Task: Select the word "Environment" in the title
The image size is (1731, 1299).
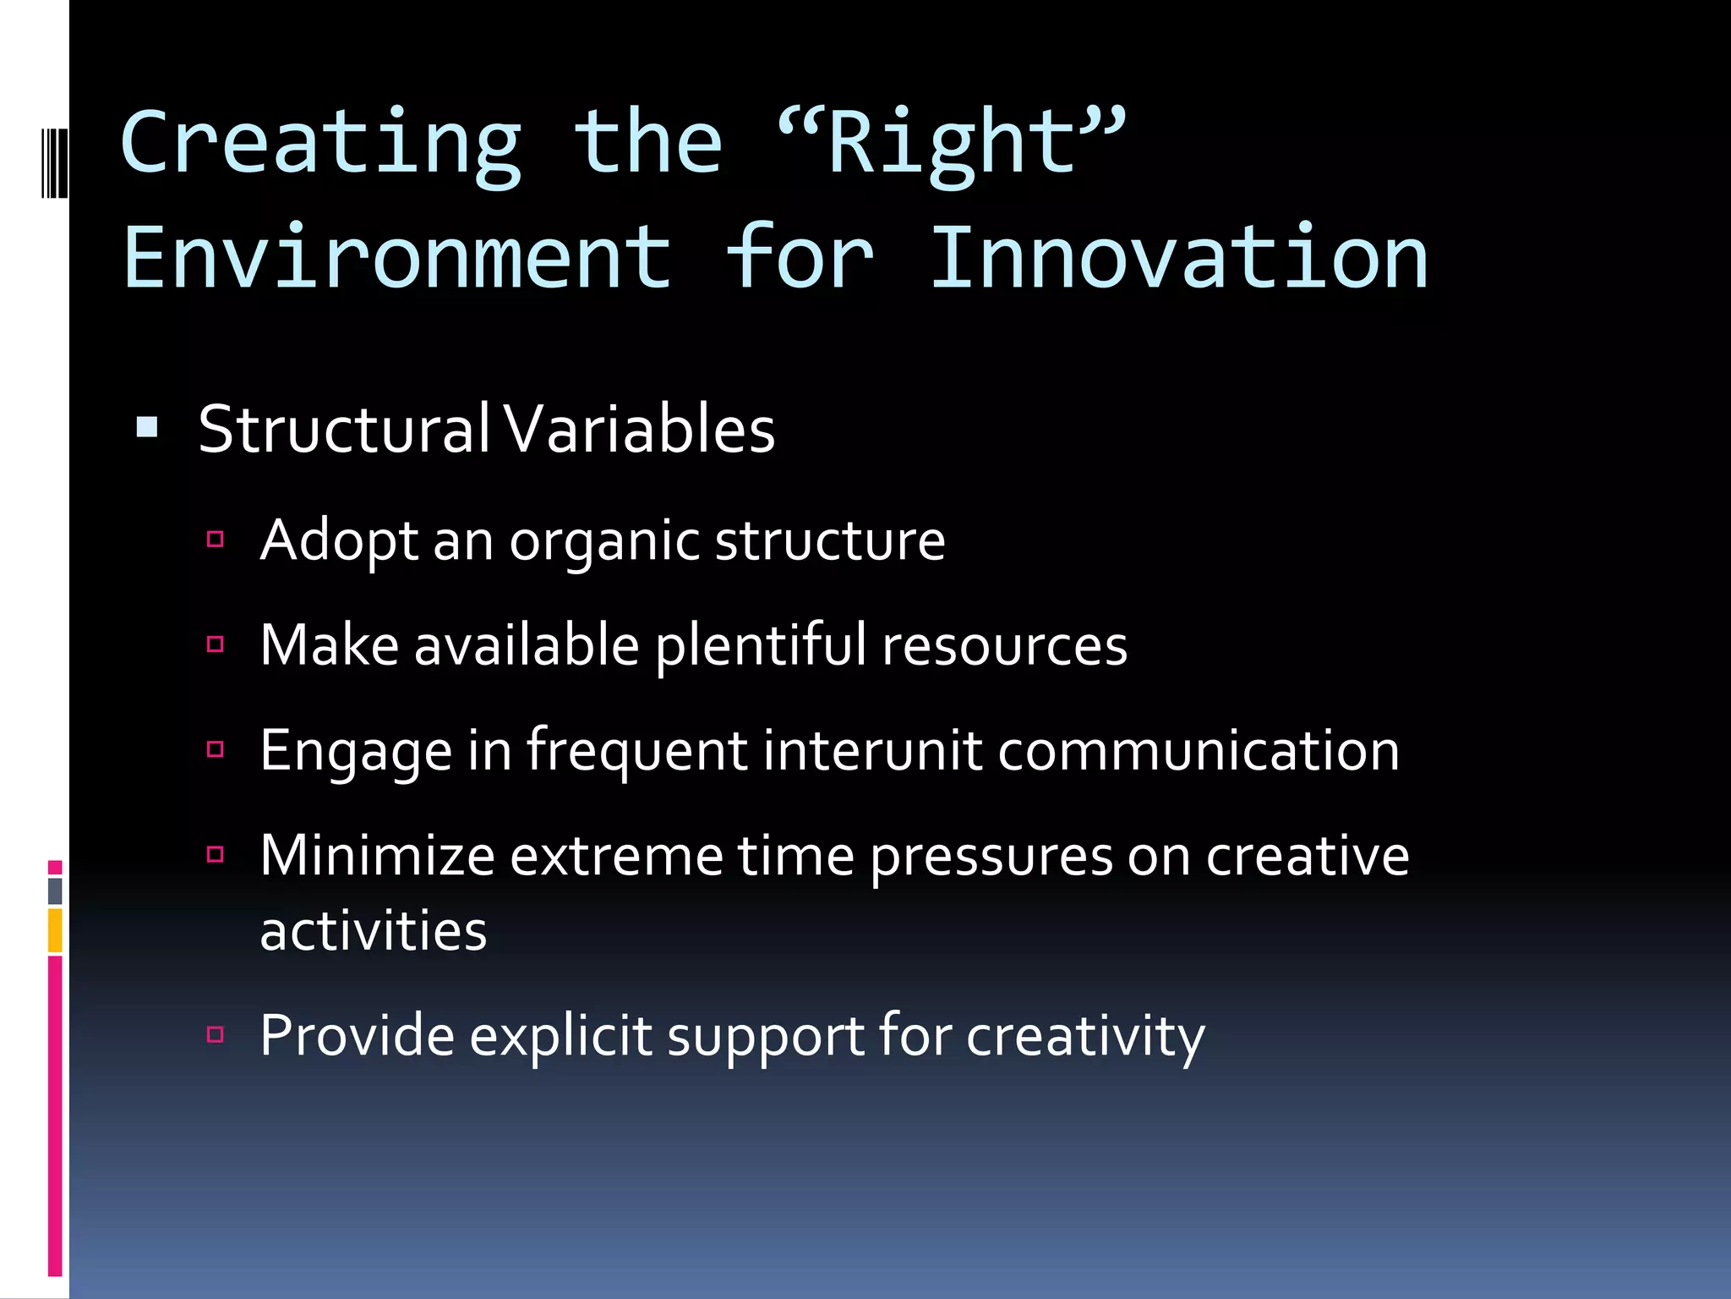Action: coord(397,258)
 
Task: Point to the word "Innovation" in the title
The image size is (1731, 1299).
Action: coord(1179,258)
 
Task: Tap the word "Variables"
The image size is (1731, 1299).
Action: coord(641,430)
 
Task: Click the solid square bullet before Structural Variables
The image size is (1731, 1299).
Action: coord(147,426)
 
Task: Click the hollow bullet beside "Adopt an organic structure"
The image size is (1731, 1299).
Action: coord(216,539)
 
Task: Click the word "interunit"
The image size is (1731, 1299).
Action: coord(872,751)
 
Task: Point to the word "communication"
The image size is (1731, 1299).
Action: coord(1199,751)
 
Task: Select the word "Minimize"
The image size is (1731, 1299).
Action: coord(377,856)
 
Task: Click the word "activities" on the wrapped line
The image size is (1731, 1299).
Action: coord(374,932)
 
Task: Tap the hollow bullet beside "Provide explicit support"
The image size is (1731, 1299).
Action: coord(216,1033)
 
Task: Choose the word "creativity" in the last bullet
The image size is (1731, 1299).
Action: coord(1085,1037)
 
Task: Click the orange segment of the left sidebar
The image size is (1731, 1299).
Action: coord(55,930)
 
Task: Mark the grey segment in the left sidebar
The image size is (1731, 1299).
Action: coord(55,891)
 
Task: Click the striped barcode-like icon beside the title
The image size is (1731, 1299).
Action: coord(54,162)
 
